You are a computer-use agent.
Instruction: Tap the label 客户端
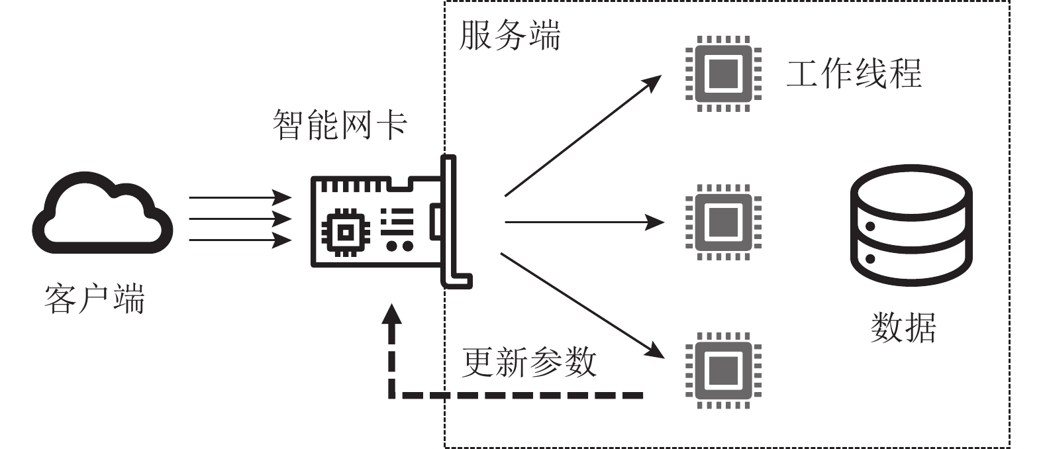coord(95,299)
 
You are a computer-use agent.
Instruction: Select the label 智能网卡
coord(340,125)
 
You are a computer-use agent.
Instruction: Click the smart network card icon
coord(391,222)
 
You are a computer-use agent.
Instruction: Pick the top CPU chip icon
coord(723,74)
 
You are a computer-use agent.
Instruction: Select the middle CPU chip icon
coord(723,222)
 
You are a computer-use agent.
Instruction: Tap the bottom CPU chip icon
coord(723,370)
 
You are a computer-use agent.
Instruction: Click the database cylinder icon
coord(911,226)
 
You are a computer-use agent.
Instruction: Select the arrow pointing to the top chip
coord(582,136)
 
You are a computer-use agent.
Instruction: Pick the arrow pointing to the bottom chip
coord(582,305)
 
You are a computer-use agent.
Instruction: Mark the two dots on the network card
coord(399,246)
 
